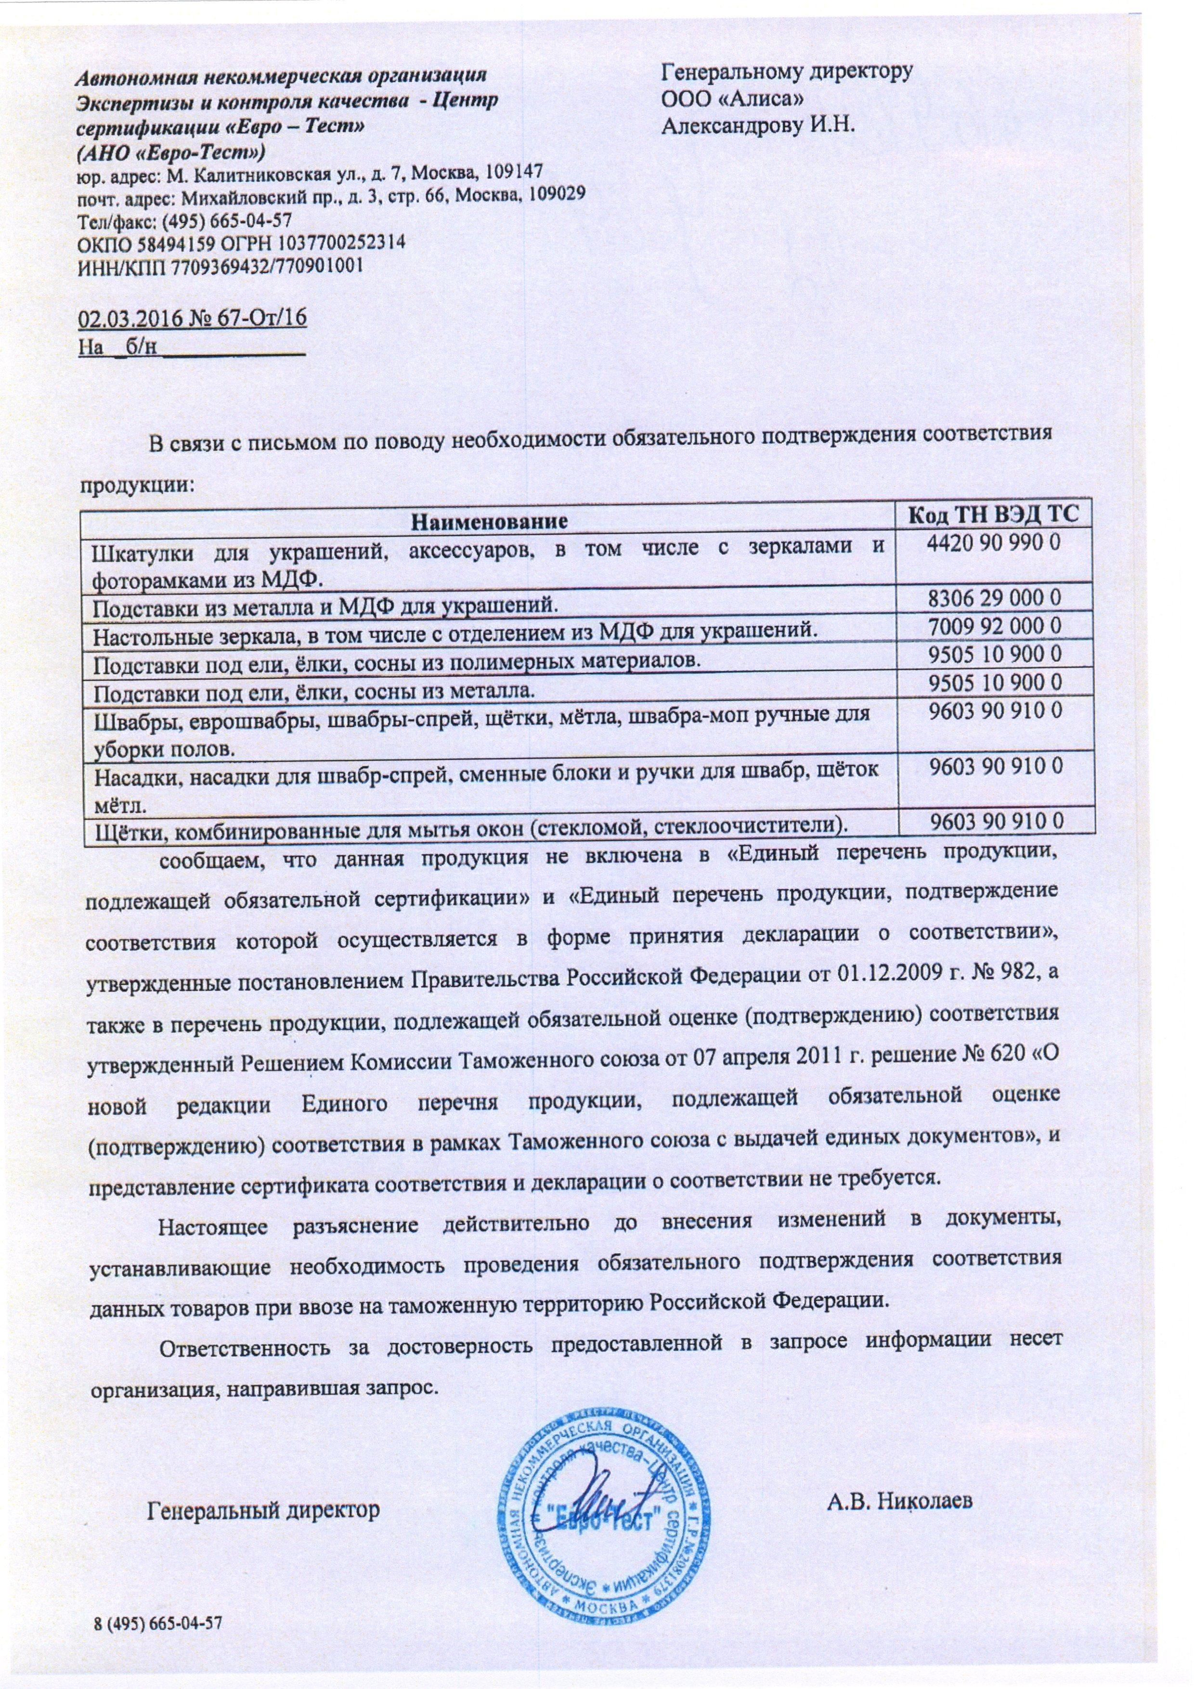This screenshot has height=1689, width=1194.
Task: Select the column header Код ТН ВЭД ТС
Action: [x=993, y=515]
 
